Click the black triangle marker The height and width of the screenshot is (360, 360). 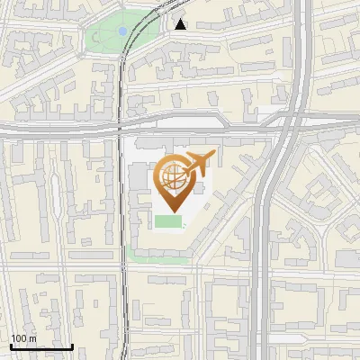[181, 24]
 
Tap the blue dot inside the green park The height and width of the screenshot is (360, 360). [122, 31]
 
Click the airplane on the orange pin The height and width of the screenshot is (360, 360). [198, 165]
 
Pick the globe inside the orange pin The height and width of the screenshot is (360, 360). [171, 176]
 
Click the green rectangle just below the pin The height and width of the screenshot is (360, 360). [168, 221]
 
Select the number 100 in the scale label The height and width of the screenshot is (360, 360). [19, 338]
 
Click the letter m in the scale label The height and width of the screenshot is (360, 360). [32, 338]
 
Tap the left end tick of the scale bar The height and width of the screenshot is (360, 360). [11, 345]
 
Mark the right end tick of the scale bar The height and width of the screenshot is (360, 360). [72, 345]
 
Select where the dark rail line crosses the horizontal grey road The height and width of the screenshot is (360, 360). [121, 130]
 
